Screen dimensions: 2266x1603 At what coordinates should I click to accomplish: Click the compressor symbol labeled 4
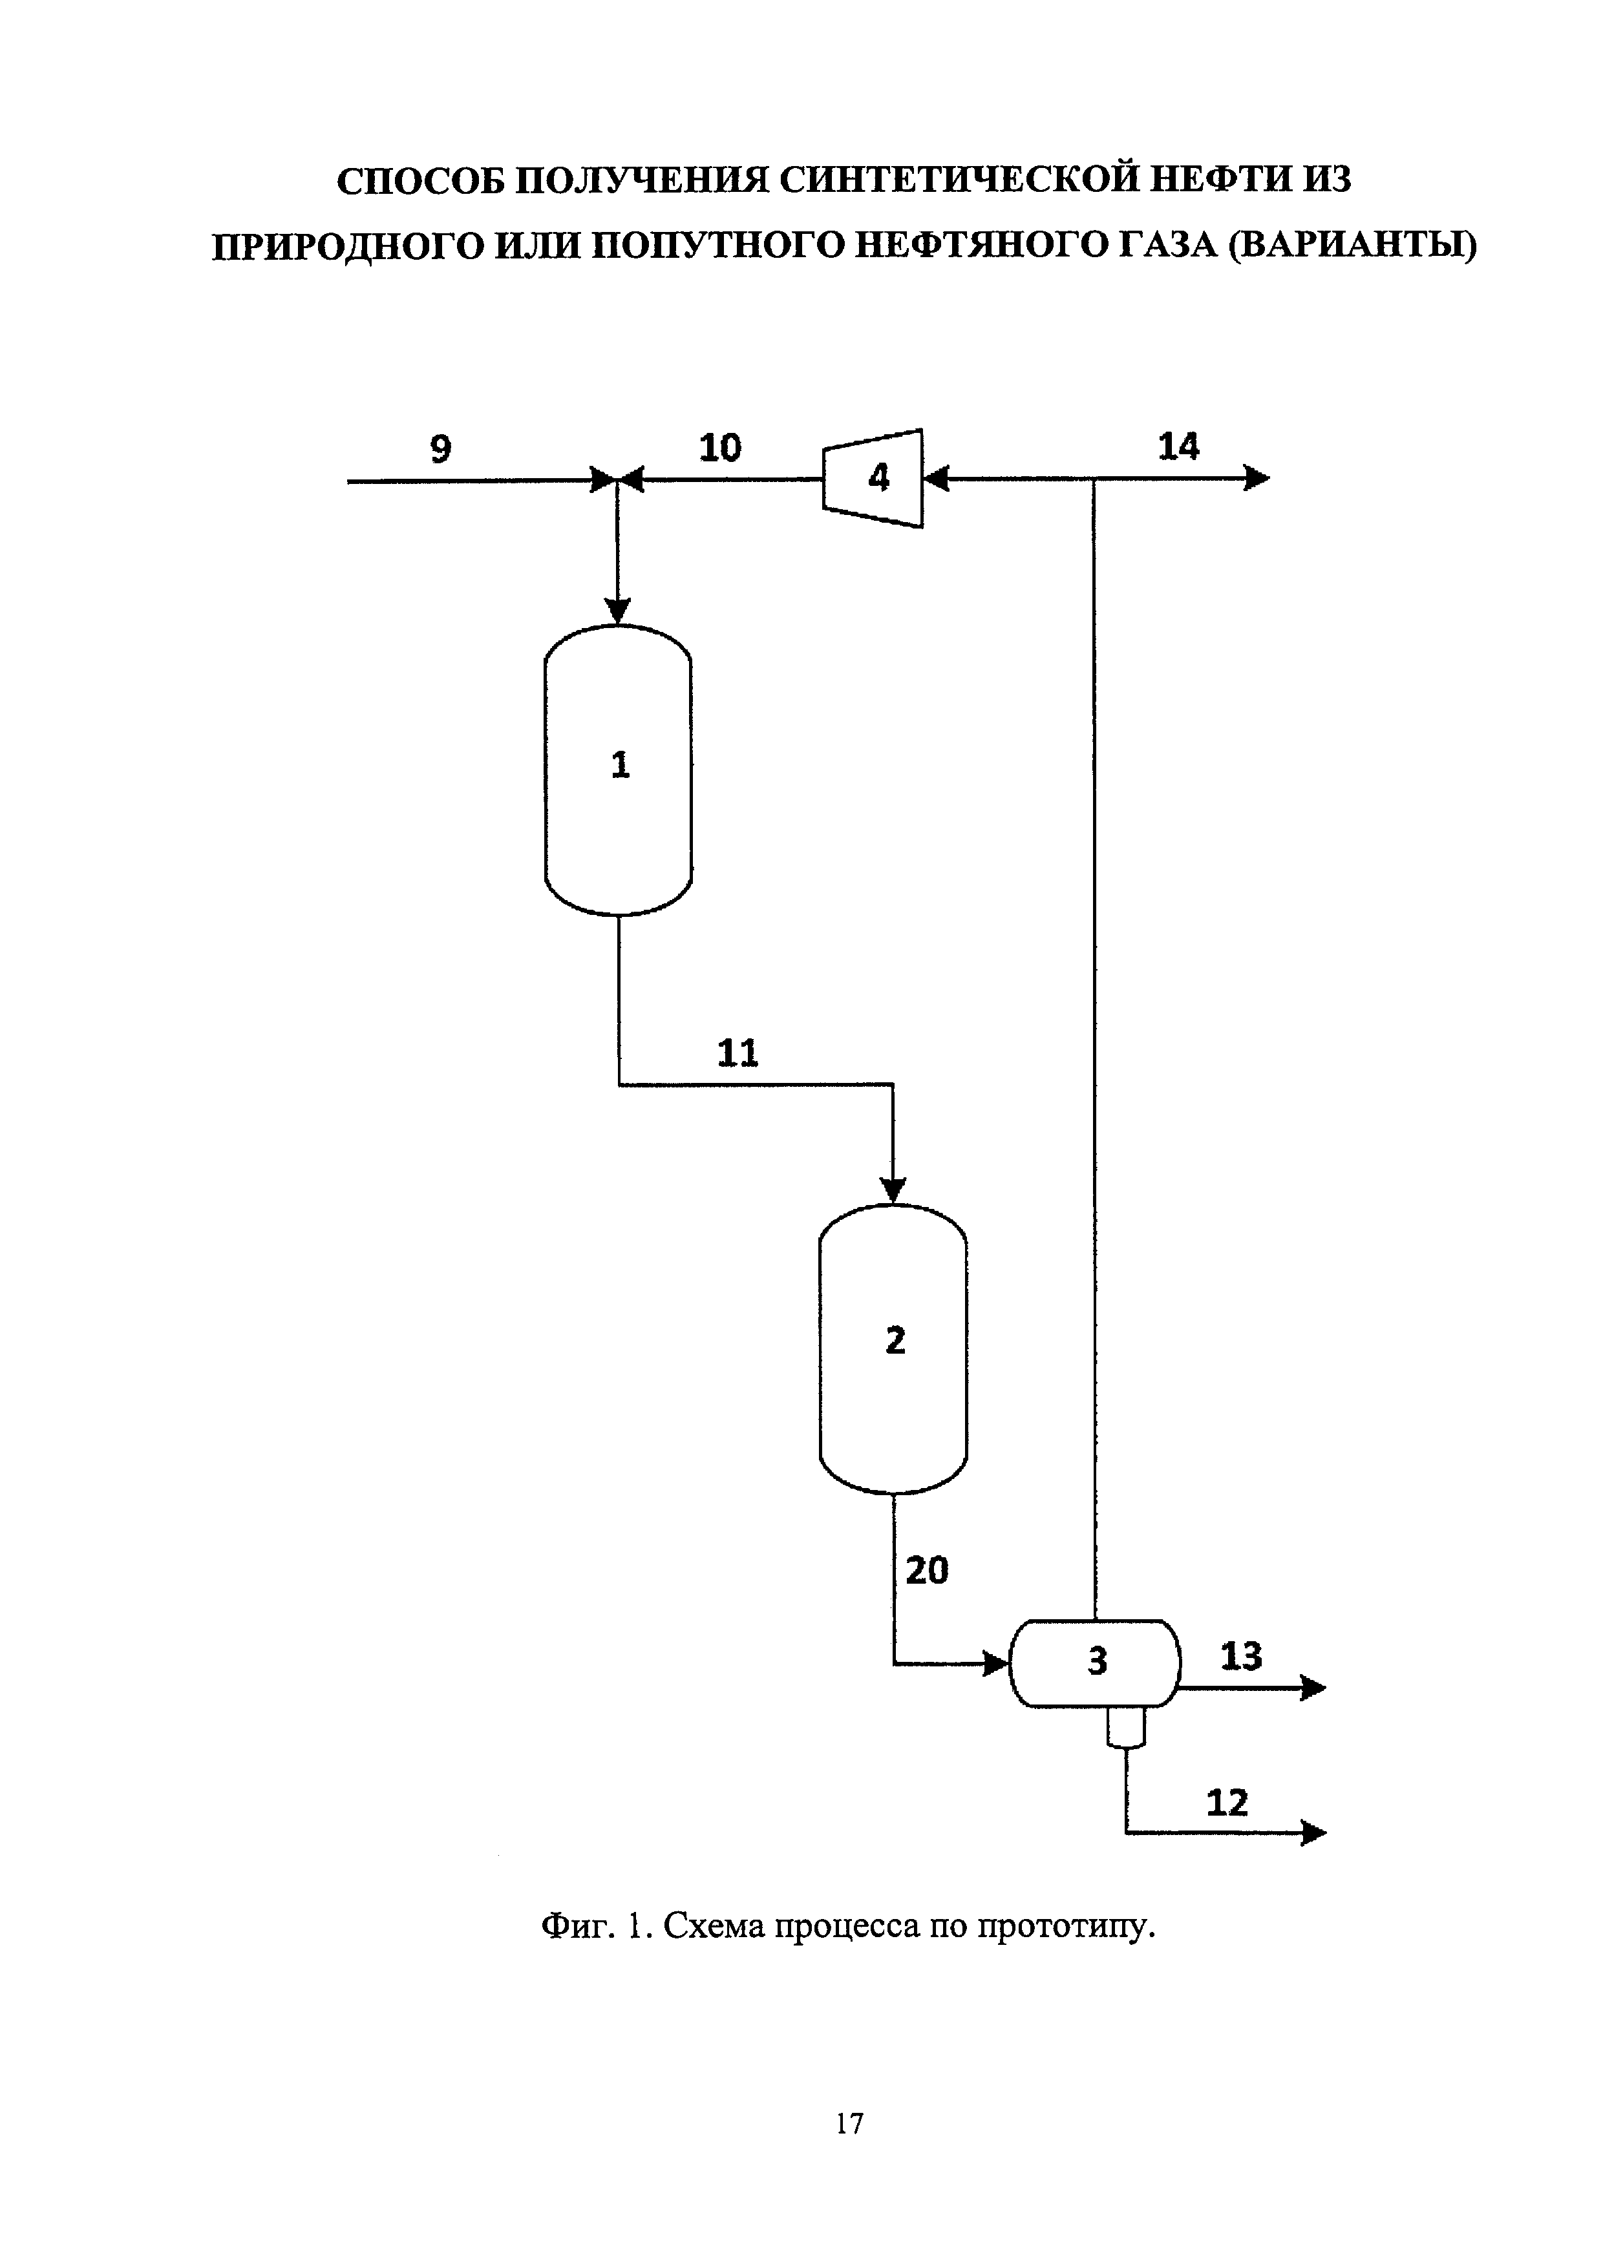(873, 479)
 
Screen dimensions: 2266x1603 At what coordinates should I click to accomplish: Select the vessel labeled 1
(618, 770)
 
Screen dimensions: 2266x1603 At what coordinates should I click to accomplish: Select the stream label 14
(1178, 447)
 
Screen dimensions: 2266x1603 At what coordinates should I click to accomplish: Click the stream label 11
(738, 1054)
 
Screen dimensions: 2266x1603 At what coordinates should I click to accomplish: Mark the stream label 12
(1227, 1803)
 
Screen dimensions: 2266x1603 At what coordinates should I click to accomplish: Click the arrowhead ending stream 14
(1258, 479)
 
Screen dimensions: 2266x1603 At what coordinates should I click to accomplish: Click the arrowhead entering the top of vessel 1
(618, 611)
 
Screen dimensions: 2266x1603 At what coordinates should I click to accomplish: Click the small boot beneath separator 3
(1125, 1728)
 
